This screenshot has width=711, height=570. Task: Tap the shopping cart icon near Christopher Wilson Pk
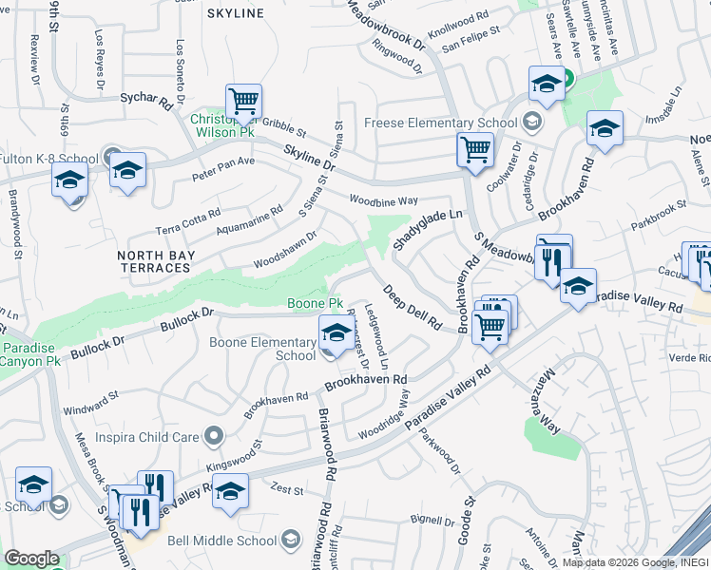point(244,101)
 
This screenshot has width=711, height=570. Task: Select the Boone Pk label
point(316,303)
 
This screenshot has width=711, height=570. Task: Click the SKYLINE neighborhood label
point(235,13)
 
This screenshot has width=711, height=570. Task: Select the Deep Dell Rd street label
point(413,307)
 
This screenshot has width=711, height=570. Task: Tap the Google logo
point(31,559)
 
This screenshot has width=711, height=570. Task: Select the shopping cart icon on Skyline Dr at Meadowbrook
point(474,149)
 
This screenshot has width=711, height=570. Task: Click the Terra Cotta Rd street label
point(187,222)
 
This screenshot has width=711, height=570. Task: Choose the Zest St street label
point(286,491)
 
